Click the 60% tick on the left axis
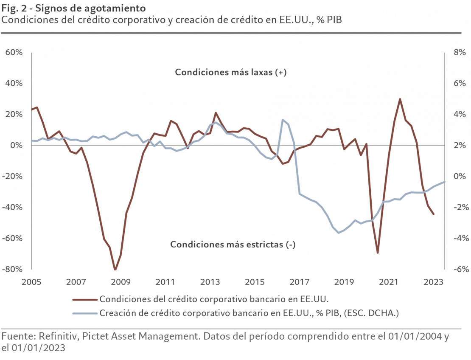click(14, 53)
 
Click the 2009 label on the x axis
click(120, 282)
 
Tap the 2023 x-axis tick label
click(435, 282)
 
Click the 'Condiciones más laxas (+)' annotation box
click(237, 72)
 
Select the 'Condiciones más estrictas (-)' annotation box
click(234, 245)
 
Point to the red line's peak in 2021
click(400, 99)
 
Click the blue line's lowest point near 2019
click(339, 232)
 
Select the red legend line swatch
click(84, 299)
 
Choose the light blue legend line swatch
click(84, 314)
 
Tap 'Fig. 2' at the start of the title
click(11, 8)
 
